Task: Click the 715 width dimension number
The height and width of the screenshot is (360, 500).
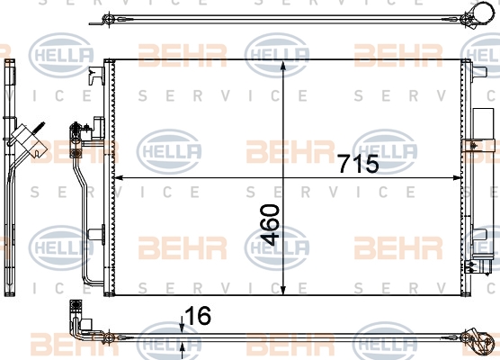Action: tap(359, 164)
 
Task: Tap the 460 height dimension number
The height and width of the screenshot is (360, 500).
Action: tap(270, 225)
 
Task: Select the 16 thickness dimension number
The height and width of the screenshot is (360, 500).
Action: tap(198, 316)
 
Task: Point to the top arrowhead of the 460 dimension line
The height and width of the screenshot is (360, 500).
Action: tap(283, 66)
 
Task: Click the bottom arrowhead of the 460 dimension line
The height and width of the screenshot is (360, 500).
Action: tap(283, 289)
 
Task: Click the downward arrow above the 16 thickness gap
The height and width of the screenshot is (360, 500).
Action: tap(182, 325)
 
